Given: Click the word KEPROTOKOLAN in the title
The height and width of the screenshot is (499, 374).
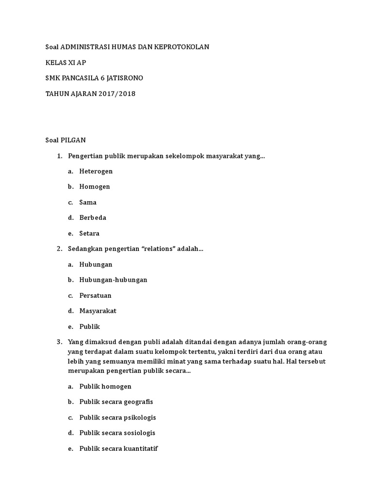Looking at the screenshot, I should [181, 47].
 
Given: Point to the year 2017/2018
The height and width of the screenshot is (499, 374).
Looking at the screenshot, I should [117, 94].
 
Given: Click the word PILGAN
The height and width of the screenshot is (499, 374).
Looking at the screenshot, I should [73, 140].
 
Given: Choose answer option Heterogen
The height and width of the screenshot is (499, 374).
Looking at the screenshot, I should [96, 171].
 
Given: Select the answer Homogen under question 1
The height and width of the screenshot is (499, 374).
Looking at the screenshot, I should [94, 187].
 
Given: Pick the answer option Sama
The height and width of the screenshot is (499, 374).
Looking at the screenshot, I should [88, 202].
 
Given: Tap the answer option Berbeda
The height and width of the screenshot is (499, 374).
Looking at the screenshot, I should [93, 218].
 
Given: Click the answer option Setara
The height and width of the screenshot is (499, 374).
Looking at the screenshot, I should [89, 233].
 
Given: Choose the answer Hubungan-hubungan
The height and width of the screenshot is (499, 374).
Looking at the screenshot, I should [113, 280].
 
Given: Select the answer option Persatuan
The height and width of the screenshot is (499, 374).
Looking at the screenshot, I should [95, 295].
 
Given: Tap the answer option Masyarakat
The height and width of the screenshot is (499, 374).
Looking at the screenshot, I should [98, 311].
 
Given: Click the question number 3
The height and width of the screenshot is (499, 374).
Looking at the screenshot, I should [59, 342].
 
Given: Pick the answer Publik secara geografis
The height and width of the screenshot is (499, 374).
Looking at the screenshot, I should [116, 402].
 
